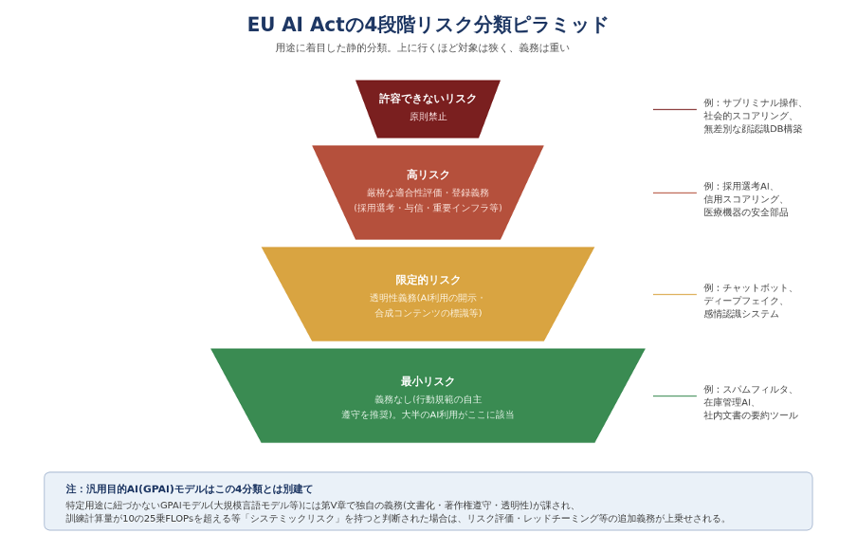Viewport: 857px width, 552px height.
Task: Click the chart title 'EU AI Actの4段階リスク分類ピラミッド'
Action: pos(428,25)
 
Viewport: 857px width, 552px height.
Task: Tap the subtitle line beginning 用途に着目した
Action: pos(422,48)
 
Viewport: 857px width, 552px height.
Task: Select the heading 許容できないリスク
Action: pos(428,99)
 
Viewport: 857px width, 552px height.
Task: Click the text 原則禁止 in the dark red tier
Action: pos(428,117)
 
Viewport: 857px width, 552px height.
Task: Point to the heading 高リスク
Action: pos(428,175)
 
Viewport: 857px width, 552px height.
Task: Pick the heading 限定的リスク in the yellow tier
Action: pos(428,280)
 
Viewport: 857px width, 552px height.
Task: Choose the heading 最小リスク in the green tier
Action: pos(428,381)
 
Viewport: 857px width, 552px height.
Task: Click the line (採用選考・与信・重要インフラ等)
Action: pos(428,208)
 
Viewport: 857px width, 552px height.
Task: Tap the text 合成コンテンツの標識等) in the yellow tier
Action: pos(428,313)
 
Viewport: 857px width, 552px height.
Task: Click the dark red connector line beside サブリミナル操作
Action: pos(674,109)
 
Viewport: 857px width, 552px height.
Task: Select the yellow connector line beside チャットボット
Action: pos(674,294)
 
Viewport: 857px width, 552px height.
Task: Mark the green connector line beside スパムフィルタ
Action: pos(674,396)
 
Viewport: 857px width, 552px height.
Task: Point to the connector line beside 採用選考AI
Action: pos(674,193)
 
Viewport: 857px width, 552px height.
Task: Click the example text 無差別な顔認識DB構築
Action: pos(753,129)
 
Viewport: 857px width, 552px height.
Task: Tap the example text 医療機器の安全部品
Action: pos(745,212)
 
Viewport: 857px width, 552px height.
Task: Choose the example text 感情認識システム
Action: pos(741,314)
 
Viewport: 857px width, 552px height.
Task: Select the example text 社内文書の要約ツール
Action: pos(751,415)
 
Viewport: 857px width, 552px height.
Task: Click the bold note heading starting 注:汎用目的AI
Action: pos(189,489)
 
